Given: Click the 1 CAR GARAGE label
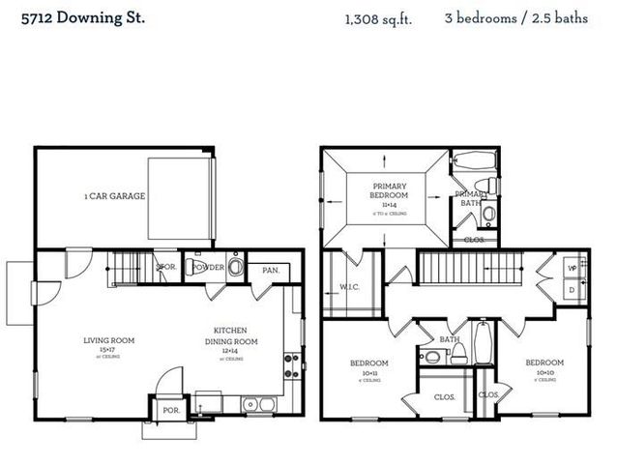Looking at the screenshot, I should [114, 196].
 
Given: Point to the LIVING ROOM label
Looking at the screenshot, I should [108, 340].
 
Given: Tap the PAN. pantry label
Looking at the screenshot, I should [270, 270].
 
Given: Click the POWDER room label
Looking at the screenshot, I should [209, 267].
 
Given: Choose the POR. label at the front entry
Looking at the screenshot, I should [170, 410].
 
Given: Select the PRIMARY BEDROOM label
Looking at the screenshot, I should [389, 190].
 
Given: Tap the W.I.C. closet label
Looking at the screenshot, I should [349, 286].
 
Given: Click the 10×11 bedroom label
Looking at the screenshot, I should [368, 371].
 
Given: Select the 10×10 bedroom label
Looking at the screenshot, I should [544, 371].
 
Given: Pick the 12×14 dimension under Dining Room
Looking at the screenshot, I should [230, 350].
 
